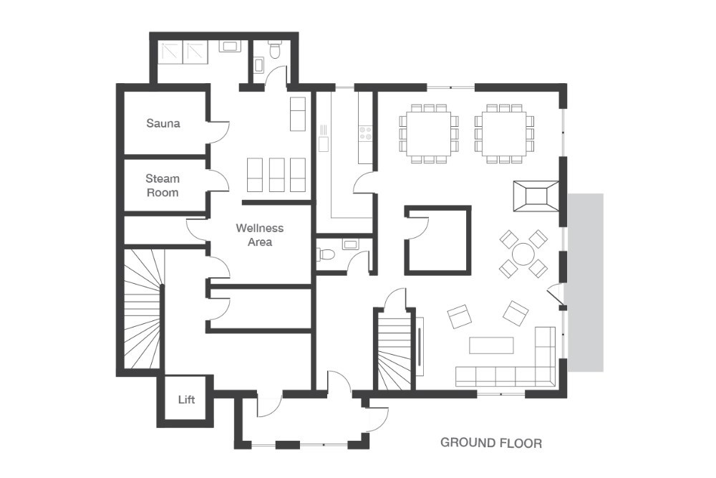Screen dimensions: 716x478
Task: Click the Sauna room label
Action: coord(163,123)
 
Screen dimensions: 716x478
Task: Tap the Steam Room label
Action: coord(163,185)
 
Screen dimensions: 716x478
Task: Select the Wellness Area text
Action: coord(260,234)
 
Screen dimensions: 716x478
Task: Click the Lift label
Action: coord(186,399)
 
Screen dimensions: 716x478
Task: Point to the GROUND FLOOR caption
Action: coord(491,442)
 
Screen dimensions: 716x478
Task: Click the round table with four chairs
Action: coord(523,254)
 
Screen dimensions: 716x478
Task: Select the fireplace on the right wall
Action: coord(536,196)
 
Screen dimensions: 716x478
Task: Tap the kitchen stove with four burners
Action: coord(365,133)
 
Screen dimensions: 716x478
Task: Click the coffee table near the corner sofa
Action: coord(491,345)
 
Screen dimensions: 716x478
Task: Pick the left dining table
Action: coord(428,133)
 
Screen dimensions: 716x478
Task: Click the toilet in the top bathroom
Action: coord(275,51)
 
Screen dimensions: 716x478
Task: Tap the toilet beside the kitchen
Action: coord(327,254)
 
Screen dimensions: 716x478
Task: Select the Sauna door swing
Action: coord(219,133)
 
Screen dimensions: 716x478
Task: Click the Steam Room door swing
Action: coord(218,181)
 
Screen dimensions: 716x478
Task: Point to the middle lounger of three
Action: coord(276,175)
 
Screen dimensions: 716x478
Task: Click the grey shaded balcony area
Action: coord(586,282)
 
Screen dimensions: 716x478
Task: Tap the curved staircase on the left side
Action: coord(143,308)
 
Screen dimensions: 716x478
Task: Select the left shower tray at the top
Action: coord(171,52)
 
